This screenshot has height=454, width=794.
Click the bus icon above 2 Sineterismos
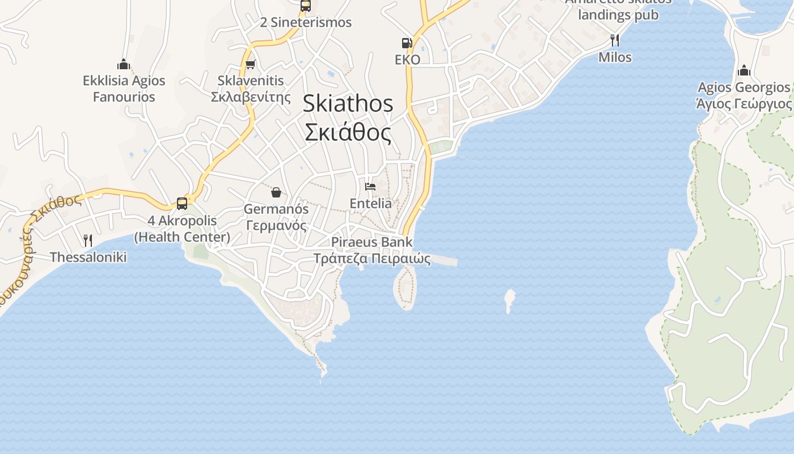click(306, 6)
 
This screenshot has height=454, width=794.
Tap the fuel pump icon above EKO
click(407, 43)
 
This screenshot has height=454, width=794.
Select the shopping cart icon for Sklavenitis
click(250, 64)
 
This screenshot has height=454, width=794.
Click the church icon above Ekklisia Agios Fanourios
click(124, 64)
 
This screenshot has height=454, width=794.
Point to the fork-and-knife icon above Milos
click(614, 40)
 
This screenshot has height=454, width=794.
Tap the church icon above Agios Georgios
click(744, 71)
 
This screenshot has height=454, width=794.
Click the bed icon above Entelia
click(370, 186)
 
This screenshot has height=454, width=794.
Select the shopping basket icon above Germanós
click(276, 192)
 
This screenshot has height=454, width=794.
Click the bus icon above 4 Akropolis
click(182, 204)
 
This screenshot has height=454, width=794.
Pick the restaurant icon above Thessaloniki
click(87, 241)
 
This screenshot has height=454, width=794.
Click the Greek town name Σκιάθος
click(348, 133)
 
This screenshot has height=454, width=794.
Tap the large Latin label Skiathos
click(348, 103)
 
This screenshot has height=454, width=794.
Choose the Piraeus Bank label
click(371, 242)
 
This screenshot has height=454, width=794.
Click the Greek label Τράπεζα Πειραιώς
click(371, 259)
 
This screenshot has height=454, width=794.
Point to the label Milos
click(615, 57)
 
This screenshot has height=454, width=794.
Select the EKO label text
click(407, 60)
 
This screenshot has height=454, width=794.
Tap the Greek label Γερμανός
click(276, 225)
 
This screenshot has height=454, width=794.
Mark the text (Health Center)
click(182, 237)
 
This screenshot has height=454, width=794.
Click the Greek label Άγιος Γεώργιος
click(744, 104)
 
